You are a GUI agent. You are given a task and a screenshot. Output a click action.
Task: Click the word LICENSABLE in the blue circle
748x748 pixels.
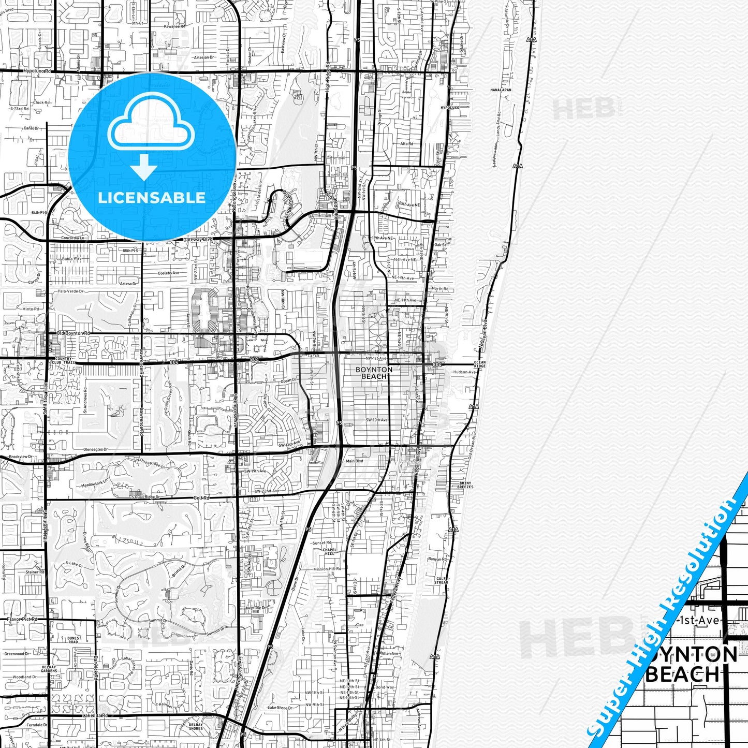[152, 198]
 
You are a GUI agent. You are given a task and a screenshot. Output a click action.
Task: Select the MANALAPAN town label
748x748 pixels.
[500, 90]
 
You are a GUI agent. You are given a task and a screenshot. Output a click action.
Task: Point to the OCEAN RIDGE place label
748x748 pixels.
[479, 364]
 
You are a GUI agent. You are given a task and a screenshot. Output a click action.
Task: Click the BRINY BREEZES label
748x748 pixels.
[465, 485]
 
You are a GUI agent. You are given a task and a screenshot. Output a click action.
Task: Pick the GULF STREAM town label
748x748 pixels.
[442, 580]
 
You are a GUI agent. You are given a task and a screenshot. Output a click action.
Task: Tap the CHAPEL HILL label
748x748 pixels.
[329, 552]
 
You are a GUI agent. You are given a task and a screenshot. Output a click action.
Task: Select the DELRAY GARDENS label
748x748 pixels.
[49, 669]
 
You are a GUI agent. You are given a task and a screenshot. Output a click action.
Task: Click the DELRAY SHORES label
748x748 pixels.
[196, 726]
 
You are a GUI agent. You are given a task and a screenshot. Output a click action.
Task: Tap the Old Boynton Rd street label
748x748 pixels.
[74, 333]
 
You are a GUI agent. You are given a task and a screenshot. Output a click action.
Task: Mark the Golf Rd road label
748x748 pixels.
[201, 498]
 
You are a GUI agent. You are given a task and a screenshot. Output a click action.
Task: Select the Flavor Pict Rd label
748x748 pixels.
[23, 619]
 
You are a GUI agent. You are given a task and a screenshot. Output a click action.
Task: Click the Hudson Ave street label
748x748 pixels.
[464, 372]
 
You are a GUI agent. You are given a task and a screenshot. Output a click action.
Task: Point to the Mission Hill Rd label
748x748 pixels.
[327, 569]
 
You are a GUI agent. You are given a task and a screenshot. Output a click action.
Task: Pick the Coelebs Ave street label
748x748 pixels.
[168, 273]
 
